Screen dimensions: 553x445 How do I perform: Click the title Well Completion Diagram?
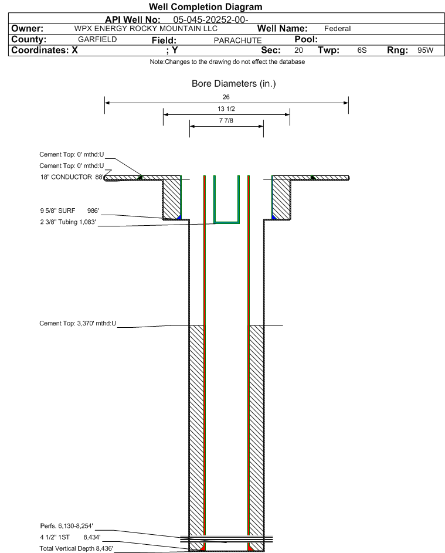pyautogui.click(x=206, y=7)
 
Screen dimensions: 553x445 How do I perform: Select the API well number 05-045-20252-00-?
pyautogui.click(x=211, y=19)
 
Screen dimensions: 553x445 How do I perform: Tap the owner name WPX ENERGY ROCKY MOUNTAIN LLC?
pyautogui.click(x=146, y=29)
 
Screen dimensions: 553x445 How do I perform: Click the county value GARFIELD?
pyautogui.click(x=97, y=39)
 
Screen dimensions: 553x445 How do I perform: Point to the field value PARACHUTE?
pyautogui.click(x=237, y=40)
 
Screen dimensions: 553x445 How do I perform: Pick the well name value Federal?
pyautogui.click(x=337, y=29)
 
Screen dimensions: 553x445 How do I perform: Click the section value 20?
pyautogui.click(x=299, y=50)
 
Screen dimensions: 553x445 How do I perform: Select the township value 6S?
pyautogui.click(x=362, y=50)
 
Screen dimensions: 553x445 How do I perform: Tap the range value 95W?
pyautogui.click(x=425, y=50)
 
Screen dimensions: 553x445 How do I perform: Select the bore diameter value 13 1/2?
pyautogui.click(x=226, y=109)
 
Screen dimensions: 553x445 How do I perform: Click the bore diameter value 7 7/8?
pyautogui.click(x=226, y=121)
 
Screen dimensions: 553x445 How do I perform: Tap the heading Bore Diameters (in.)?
pyautogui.click(x=233, y=84)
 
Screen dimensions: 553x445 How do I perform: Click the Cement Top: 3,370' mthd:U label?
pyautogui.click(x=77, y=323)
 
